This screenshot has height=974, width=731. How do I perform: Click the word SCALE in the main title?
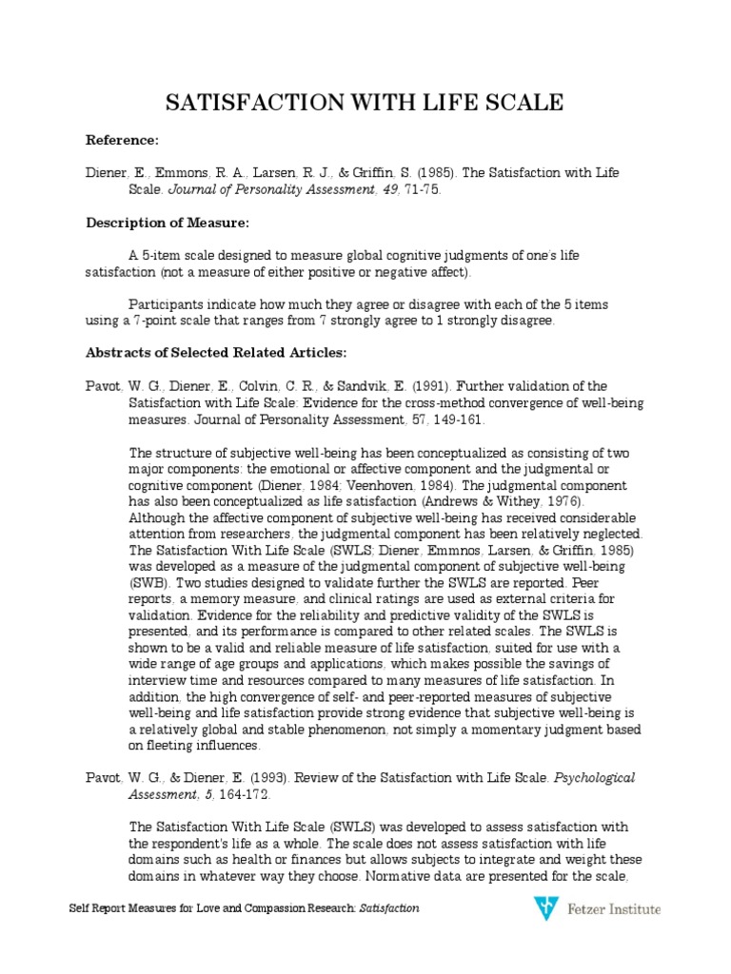(518, 102)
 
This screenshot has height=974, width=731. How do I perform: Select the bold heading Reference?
(123, 140)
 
